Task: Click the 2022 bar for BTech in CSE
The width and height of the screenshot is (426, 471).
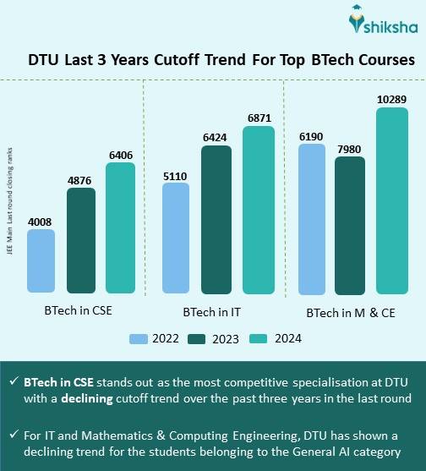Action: coord(41,261)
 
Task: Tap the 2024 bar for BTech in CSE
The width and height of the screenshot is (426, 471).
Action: coord(120,227)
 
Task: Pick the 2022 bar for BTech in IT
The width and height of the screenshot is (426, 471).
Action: coord(175,238)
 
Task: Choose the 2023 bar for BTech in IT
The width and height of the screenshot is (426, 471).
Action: coord(216,219)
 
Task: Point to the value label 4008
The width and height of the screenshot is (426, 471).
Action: coord(41,222)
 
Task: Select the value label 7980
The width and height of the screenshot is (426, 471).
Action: coord(350,149)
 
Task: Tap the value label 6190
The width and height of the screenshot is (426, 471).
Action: coord(311,135)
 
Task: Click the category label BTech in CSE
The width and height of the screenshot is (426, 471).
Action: coord(79,310)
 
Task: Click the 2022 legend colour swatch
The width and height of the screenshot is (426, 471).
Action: coord(139,339)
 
